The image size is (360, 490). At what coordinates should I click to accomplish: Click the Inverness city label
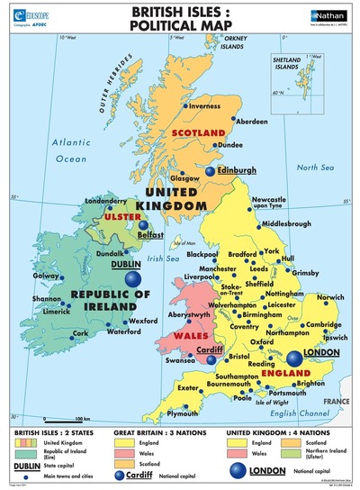pyautogui.click(x=204, y=106)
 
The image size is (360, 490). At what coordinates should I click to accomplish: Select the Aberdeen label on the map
pyautogui.click(x=252, y=121)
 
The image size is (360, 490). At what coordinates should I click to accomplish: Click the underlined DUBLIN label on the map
pyautogui.click(x=128, y=266)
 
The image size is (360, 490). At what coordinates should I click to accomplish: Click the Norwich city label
pyautogui.click(x=328, y=298)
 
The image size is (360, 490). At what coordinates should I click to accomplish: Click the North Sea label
pyautogui.click(x=315, y=168)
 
